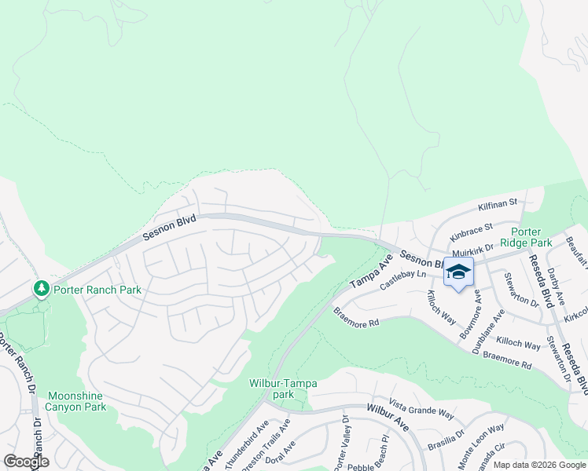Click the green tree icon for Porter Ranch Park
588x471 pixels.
[x=42, y=290]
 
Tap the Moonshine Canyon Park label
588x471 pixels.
[x=76, y=401]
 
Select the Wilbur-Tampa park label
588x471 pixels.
[x=283, y=389]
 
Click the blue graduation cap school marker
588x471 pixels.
[x=458, y=272]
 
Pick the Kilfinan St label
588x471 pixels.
[x=498, y=205]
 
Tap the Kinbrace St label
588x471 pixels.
[x=471, y=232]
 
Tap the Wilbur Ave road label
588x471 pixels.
[x=388, y=414]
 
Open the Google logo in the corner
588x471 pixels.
[x=26, y=461]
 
